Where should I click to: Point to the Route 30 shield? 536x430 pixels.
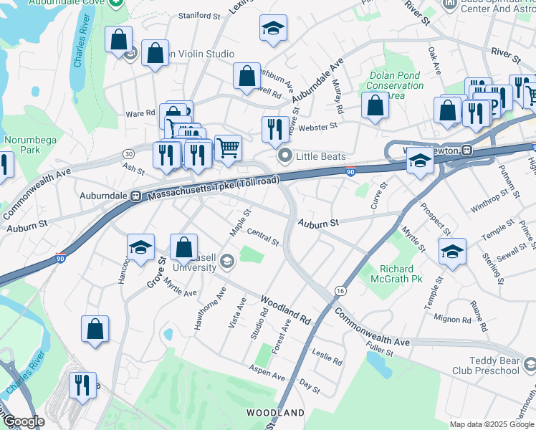pos(128,153)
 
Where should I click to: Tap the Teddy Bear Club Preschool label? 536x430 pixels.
pos(484,365)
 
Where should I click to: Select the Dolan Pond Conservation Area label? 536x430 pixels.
pos(395,86)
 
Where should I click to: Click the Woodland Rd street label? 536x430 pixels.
pos(285,307)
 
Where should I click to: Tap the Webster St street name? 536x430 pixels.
pos(317,126)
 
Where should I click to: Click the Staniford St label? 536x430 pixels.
pos(199,15)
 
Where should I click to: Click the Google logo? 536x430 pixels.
pos(23,421)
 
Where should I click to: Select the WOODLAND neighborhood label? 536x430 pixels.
pos(275,413)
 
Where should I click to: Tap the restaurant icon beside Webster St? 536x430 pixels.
pos(275,129)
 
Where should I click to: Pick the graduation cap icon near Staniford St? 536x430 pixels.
pos(273,29)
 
